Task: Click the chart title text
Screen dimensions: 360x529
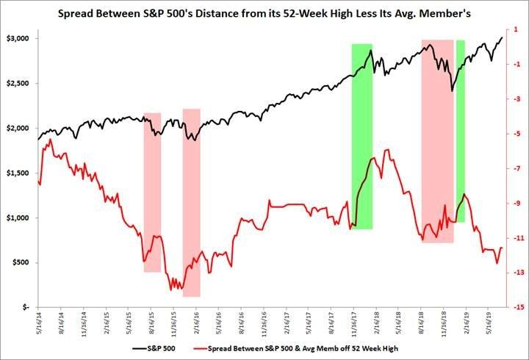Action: (x=264, y=12)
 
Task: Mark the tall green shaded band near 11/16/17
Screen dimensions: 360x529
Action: (x=362, y=136)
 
